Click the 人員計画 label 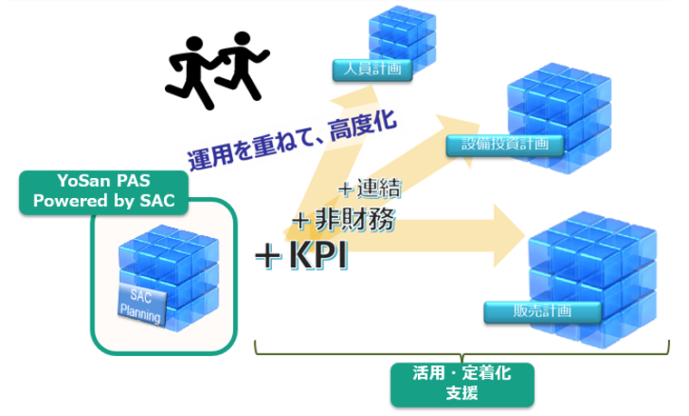(x=373, y=70)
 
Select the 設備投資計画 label (x=505, y=144)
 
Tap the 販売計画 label (x=543, y=312)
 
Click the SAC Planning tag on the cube (x=141, y=306)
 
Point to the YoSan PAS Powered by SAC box (x=104, y=192)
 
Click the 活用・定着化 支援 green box (x=462, y=384)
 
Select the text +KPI (x=301, y=255)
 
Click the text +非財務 (x=344, y=220)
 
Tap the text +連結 (x=370, y=188)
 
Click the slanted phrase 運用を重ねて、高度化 (x=292, y=140)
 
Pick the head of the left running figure (x=194, y=45)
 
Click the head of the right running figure (x=242, y=40)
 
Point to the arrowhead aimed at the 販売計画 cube (x=509, y=236)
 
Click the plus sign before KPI (x=268, y=256)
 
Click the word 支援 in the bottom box (x=462, y=393)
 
